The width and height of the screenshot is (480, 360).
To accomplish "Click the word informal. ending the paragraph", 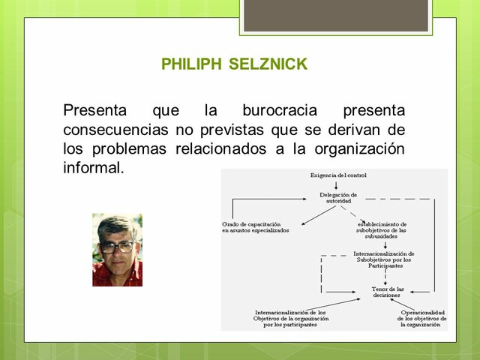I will coord(93,167).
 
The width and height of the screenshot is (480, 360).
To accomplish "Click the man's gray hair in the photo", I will coord(116,224).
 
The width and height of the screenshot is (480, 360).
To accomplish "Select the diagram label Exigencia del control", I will coord(338,175).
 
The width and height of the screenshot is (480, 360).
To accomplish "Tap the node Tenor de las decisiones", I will coord(388,292).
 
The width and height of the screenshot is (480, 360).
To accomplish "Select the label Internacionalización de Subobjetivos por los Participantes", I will coord(384,259).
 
